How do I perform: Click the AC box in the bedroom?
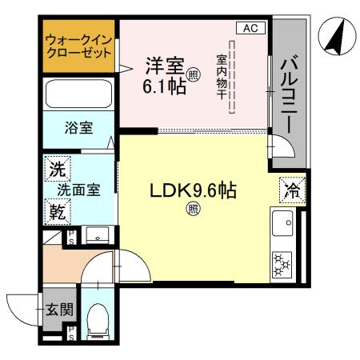pyautogui.click(x=250, y=29)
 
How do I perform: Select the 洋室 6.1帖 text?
pyautogui.click(x=166, y=75)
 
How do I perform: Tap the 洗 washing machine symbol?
pyautogui.click(x=57, y=169)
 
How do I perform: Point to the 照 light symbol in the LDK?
pyautogui.click(x=193, y=210)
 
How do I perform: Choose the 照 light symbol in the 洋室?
pyautogui.click(x=193, y=76)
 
